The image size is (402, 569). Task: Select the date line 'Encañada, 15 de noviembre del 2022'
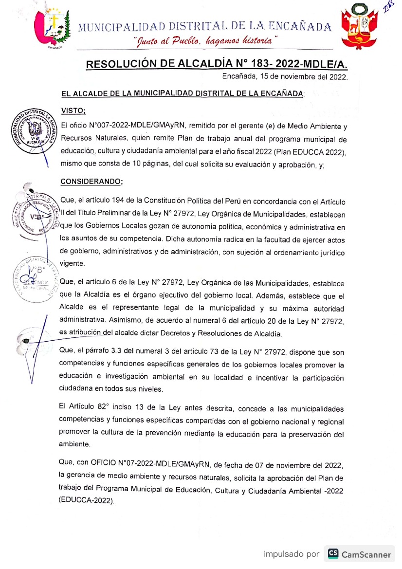(x=285, y=77)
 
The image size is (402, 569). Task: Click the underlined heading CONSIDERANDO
(x=91, y=182)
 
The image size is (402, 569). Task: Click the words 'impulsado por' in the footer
(x=292, y=554)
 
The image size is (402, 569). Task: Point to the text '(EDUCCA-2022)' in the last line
(x=87, y=500)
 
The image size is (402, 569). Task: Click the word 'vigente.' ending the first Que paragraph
(x=72, y=263)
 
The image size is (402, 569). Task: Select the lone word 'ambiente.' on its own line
(x=74, y=444)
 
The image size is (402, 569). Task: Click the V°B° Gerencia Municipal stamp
(x=36, y=276)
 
